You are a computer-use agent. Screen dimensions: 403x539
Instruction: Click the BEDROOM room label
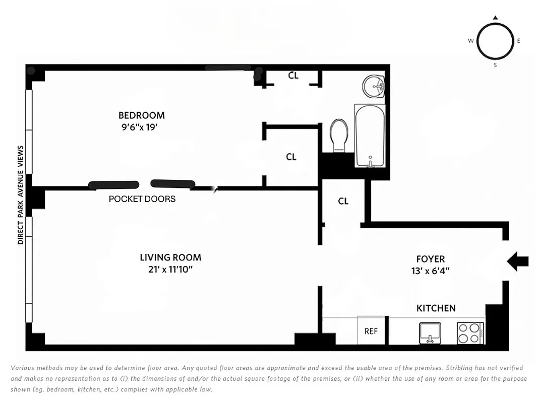(141, 115)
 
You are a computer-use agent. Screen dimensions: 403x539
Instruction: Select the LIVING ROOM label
(170, 257)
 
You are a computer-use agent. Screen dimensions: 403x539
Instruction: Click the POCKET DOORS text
(142, 199)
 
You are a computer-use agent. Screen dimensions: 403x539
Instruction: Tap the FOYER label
(430, 259)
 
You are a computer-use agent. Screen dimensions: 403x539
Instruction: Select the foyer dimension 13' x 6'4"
(430, 271)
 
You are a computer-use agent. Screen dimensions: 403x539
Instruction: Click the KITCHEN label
(436, 308)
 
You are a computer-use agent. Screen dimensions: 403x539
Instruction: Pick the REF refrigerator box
(371, 331)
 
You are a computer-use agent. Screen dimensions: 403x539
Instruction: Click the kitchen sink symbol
(430, 333)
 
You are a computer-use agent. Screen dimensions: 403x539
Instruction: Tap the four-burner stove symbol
(470, 333)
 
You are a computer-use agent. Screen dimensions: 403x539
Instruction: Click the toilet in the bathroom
(339, 135)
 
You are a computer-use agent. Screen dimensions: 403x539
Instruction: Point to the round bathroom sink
(374, 86)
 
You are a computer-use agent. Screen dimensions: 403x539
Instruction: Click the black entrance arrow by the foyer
(517, 261)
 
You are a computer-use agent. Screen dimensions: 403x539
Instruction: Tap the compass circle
(495, 42)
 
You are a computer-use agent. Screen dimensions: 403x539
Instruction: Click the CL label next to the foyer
(343, 201)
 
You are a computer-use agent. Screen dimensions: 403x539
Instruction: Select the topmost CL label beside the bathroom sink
(293, 76)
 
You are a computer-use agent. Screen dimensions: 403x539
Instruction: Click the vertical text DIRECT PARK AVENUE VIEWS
(21, 195)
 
